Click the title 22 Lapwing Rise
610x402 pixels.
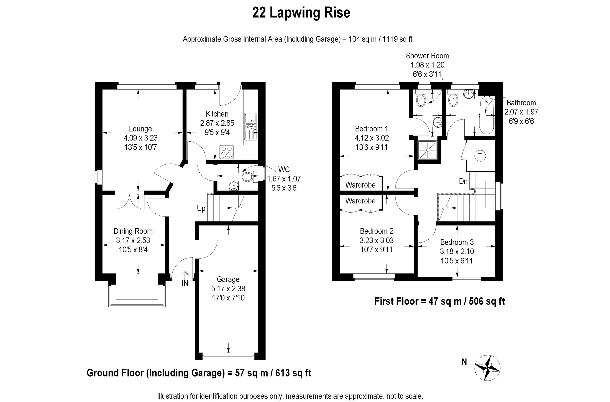point(301,13)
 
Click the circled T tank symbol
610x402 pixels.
point(480,156)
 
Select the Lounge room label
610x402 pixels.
point(140,129)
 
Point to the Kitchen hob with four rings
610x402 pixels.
point(227,151)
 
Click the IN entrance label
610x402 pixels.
point(185,283)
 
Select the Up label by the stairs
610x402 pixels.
point(201,208)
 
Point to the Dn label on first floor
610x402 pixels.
point(463,181)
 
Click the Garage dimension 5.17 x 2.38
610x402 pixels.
point(228,289)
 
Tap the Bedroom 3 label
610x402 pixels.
point(457,242)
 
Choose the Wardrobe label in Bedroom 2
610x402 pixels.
point(360,201)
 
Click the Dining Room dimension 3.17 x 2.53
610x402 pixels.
point(133,240)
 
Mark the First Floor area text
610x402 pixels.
point(440,301)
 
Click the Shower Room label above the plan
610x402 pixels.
point(427,56)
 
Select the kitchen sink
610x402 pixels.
point(250,127)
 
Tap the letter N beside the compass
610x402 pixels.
point(464,362)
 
